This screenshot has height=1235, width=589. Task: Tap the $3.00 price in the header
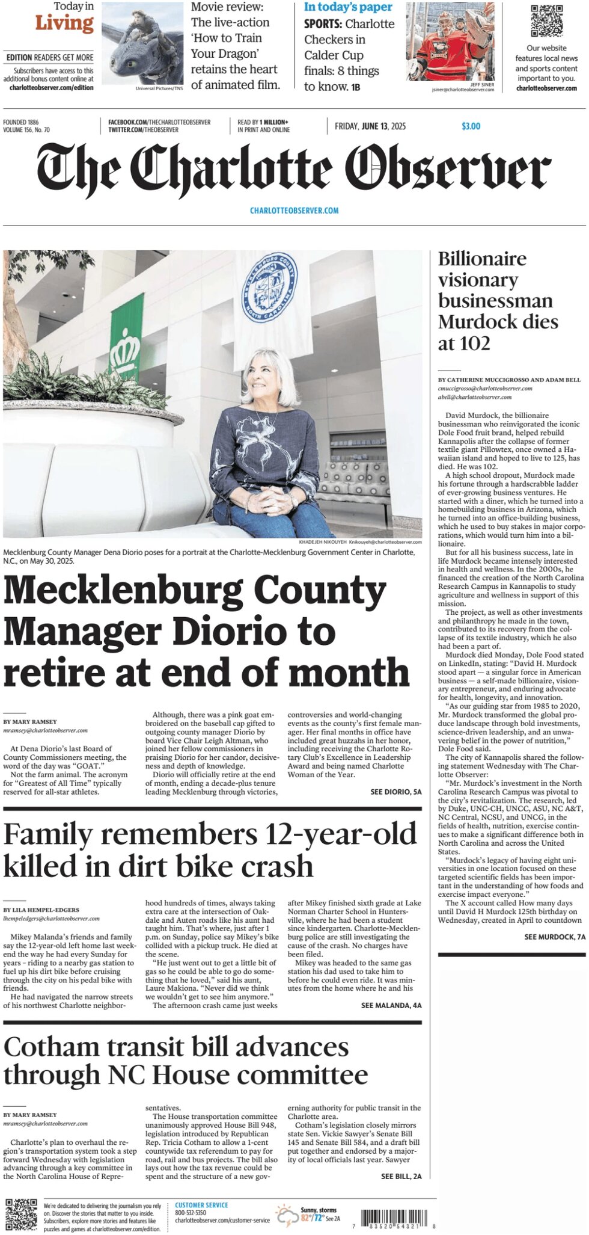[x=471, y=126]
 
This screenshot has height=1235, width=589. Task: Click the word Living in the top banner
[x=64, y=24]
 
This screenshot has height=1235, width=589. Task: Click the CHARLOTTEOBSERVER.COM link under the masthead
[x=294, y=211]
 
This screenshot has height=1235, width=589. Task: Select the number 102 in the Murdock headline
[x=473, y=343]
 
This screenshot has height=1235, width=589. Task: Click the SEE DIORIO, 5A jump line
[x=395, y=792]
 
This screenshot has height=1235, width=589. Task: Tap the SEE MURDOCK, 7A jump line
[x=554, y=937]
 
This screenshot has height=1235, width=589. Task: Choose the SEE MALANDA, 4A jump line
[x=391, y=1005]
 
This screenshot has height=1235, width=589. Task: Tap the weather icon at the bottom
[x=287, y=1215]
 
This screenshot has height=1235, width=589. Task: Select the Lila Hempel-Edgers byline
[x=41, y=910]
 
